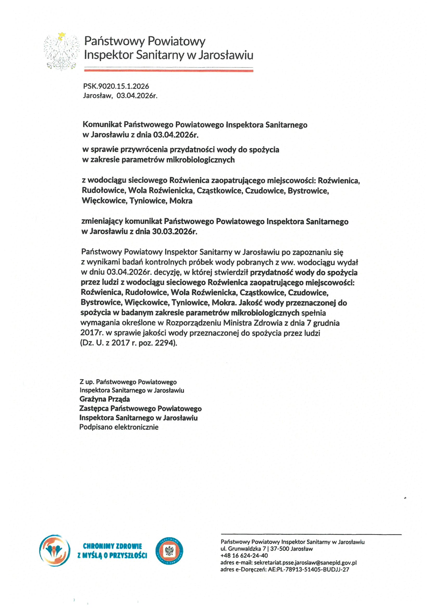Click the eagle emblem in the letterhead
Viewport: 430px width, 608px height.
tap(61, 52)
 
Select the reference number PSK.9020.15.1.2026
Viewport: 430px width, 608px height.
tap(116, 86)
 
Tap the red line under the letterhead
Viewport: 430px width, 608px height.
tap(169, 71)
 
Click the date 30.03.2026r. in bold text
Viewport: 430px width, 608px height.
tap(175, 231)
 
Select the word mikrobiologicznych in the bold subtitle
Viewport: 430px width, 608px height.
tap(200, 160)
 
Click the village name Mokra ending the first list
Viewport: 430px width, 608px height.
tap(181, 201)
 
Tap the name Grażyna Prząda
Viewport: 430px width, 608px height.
tap(105, 399)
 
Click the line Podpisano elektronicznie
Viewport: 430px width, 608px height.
tap(119, 427)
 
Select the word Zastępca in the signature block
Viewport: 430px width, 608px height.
tap(94, 408)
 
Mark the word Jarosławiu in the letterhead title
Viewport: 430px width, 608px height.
tap(226, 55)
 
